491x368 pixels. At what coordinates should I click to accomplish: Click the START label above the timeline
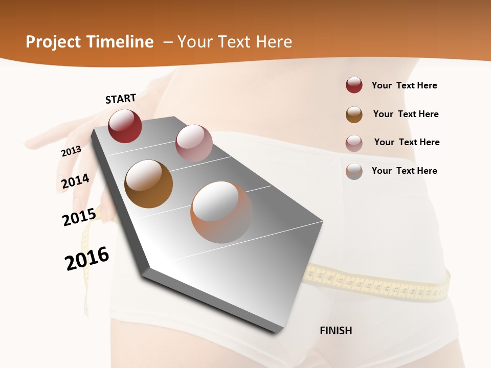pyautogui.click(x=121, y=99)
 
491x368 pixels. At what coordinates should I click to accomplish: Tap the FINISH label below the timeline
pyautogui.click(x=336, y=331)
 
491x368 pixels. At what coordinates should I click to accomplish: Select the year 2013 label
pyautogui.click(x=71, y=151)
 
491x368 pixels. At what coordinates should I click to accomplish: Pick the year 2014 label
pyautogui.click(x=75, y=181)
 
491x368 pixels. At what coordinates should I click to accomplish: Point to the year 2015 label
pyautogui.click(x=79, y=218)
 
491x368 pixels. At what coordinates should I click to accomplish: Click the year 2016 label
pyautogui.click(x=87, y=259)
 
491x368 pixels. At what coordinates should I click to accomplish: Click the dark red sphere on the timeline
pyautogui.click(x=125, y=126)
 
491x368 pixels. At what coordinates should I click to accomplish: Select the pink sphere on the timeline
pyautogui.click(x=194, y=143)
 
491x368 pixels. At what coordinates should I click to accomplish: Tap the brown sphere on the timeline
pyautogui.click(x=148, y=184)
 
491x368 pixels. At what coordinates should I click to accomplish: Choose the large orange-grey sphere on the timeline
pyautogui.click(x=221, y=212)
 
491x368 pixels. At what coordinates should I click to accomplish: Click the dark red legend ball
pyautogui.click(x=354, y=85)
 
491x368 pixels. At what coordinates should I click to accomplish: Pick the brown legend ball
pyautogui.click(x=354, y=114)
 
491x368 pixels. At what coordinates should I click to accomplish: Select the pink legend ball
pyautogui.click(x=354, y=143)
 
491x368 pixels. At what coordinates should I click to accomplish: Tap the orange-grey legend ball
pyautogui.click(x=354, y=171)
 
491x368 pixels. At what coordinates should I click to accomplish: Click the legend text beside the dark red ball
pyautogui.click(x=404, y=85)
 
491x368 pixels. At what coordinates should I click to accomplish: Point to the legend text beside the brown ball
pyautogui.click(x=406, y=114)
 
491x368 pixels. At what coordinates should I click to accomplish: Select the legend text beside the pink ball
pyautogui.click(x=407, y=142)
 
